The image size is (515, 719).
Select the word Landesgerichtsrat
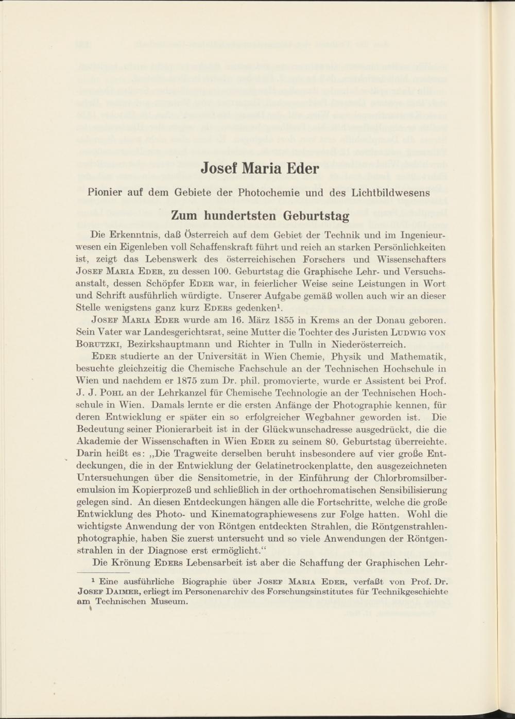coord(165,332)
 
